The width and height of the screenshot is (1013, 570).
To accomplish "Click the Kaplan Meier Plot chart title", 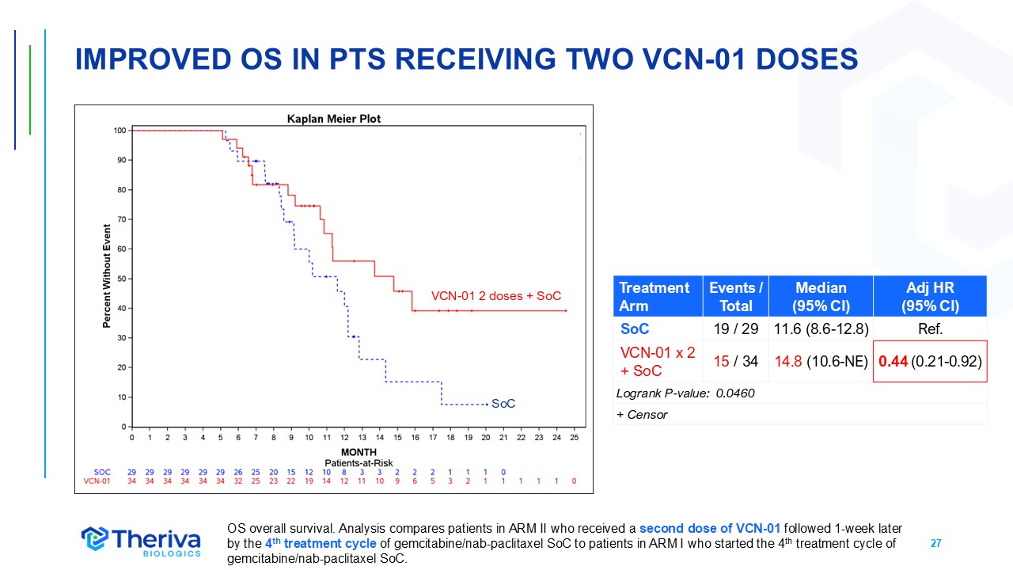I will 333,119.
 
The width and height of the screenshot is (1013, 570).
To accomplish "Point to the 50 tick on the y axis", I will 122,279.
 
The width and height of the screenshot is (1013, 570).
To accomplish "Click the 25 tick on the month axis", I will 574,437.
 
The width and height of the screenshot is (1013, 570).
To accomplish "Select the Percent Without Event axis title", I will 107,276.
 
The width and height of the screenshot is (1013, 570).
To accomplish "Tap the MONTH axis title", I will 354,452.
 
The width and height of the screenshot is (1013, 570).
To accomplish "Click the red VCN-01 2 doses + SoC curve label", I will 495,296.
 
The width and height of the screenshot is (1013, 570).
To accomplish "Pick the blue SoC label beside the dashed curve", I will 503,404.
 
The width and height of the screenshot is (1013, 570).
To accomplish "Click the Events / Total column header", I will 736,296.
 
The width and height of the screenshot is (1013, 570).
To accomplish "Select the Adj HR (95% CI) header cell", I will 930,296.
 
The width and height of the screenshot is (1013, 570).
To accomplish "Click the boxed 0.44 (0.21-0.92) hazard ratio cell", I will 930,361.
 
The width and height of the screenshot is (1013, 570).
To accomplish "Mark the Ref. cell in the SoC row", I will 930,329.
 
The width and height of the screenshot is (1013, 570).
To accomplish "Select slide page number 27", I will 935,544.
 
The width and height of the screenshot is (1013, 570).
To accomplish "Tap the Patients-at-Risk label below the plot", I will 359,462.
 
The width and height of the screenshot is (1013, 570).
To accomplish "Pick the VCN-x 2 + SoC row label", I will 657,361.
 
